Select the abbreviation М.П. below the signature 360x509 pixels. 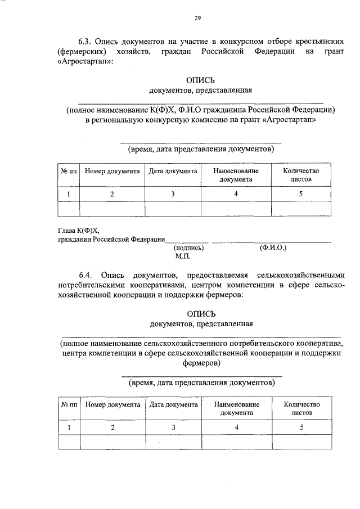click(183, 256)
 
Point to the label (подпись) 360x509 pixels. click(188, 247)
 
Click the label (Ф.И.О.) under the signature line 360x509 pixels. click(273, 247)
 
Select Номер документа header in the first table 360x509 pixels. click(112, 171)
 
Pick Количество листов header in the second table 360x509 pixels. click(301, 408)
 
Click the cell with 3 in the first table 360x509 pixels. click(173, 194)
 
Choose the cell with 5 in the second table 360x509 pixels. click(301, 427)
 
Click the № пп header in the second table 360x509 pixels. click(69, 404)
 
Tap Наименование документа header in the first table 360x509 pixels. click(236, 175)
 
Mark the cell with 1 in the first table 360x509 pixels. click(69, 194)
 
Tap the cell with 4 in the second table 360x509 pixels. click(237, 427)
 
